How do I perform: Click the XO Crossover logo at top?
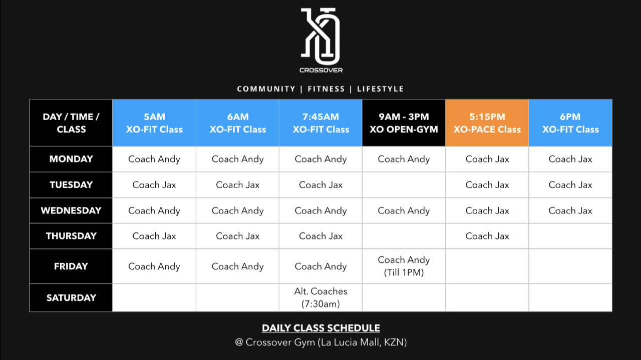[321, 40]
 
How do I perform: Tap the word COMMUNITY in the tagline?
[266, 89]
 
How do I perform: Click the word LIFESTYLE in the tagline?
[380, 89]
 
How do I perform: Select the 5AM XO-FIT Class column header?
[154, 123]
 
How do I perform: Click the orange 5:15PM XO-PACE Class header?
[487, 123]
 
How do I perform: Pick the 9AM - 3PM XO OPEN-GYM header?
[404, 123]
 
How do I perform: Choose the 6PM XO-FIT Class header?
[570, 123]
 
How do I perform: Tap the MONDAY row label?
[71, 159]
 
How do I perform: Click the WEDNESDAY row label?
[71, 210]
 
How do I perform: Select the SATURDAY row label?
[71, 297]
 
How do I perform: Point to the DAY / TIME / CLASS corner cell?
[71, 123]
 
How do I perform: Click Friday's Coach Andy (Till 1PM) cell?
[404, 266]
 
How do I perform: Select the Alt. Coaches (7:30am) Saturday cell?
[320, 297]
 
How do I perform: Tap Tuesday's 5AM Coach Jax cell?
[154, 185]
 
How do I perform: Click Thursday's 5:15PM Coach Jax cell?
[487, 236]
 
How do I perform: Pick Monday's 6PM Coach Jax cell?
[570, 159]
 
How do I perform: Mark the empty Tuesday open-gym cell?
[404, 185]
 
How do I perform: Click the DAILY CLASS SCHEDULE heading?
[321, 328]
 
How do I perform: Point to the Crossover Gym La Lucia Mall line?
[321, 342]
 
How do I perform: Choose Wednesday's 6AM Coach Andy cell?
[237, 210]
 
